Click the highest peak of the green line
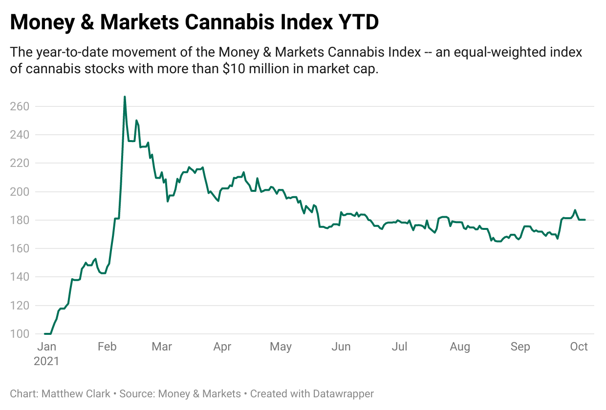[x=125, y=97]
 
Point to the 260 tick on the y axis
[x=20, y=106]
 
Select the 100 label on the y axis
[x=20, y=334]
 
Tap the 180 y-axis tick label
[x=20, y=220]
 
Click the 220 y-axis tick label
[x=20, y=163]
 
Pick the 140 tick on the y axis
[x=20, y=277]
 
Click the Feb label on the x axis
[x=107, y=347]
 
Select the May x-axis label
[x=281, y=347]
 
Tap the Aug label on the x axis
[x=460, y=347]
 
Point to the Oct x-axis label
[x=579, y=347]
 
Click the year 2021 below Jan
[x=46, y=361]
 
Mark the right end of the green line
[x=585, y=220]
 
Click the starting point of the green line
[x=44, y=334]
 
